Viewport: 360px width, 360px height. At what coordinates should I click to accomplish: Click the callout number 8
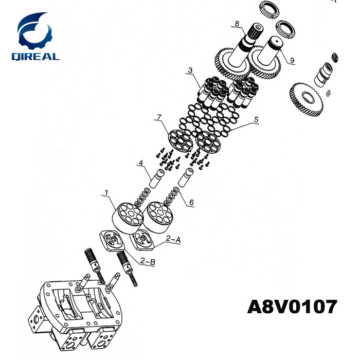click(237, 24)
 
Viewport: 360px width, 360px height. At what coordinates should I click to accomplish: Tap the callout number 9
click(292, 60)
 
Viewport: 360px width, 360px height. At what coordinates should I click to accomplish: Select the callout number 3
click(190, 70)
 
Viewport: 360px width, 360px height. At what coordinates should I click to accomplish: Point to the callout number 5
click(256, 120)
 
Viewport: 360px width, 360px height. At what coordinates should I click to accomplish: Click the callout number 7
click(159, 117)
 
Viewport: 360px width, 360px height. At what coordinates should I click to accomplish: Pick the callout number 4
click(141, 163)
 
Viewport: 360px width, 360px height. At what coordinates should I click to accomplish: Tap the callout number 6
click(191, 202)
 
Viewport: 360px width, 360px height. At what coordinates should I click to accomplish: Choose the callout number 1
click(106, 192)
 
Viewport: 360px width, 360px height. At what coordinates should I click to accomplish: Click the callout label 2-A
click(173, 240)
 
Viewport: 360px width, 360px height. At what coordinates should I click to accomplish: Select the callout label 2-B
click(148, 261)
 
